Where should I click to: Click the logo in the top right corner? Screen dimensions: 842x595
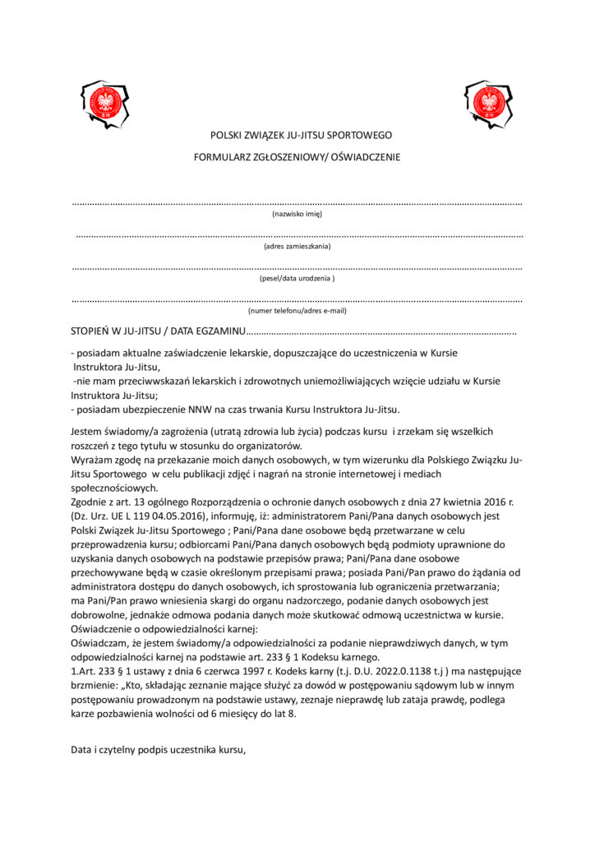[491, 104]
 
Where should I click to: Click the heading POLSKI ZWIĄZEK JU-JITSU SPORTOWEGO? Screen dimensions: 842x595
[301, 135]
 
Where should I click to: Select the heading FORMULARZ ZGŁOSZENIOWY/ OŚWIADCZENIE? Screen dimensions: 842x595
[297, 157]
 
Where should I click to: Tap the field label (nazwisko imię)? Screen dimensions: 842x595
[297, 214]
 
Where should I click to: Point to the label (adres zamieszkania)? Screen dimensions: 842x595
[297, 246]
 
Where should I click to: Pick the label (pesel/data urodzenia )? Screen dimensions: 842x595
[297, 279]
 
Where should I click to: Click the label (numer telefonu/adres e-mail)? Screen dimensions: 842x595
[297, 311]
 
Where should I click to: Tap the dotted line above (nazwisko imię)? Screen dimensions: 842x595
[297, 203]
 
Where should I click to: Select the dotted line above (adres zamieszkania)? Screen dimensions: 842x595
[297, 236]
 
